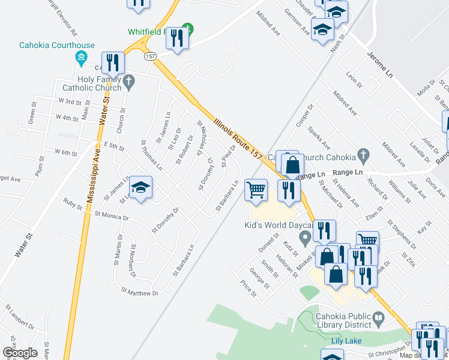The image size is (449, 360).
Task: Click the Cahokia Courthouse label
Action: pyautogui.click(x=49, y=45)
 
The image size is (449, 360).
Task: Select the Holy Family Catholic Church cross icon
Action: pyautogui.click(x=128, y=80)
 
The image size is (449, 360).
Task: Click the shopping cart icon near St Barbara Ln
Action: pyautogui.click(x=256, y=190)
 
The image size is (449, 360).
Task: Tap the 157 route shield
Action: pyautogui.click(x=149, y=56)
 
